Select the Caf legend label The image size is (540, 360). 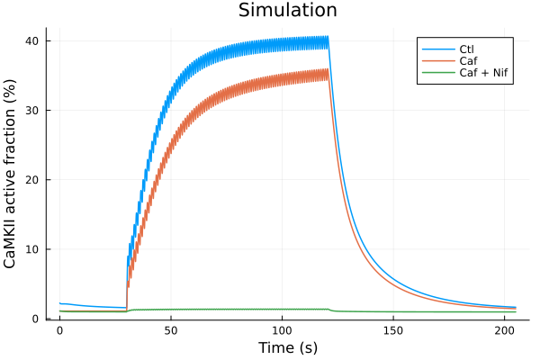pyautogui.click(x=468, y=60)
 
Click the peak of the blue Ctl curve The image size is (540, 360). pyautogui.click(x=328, y=36)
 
